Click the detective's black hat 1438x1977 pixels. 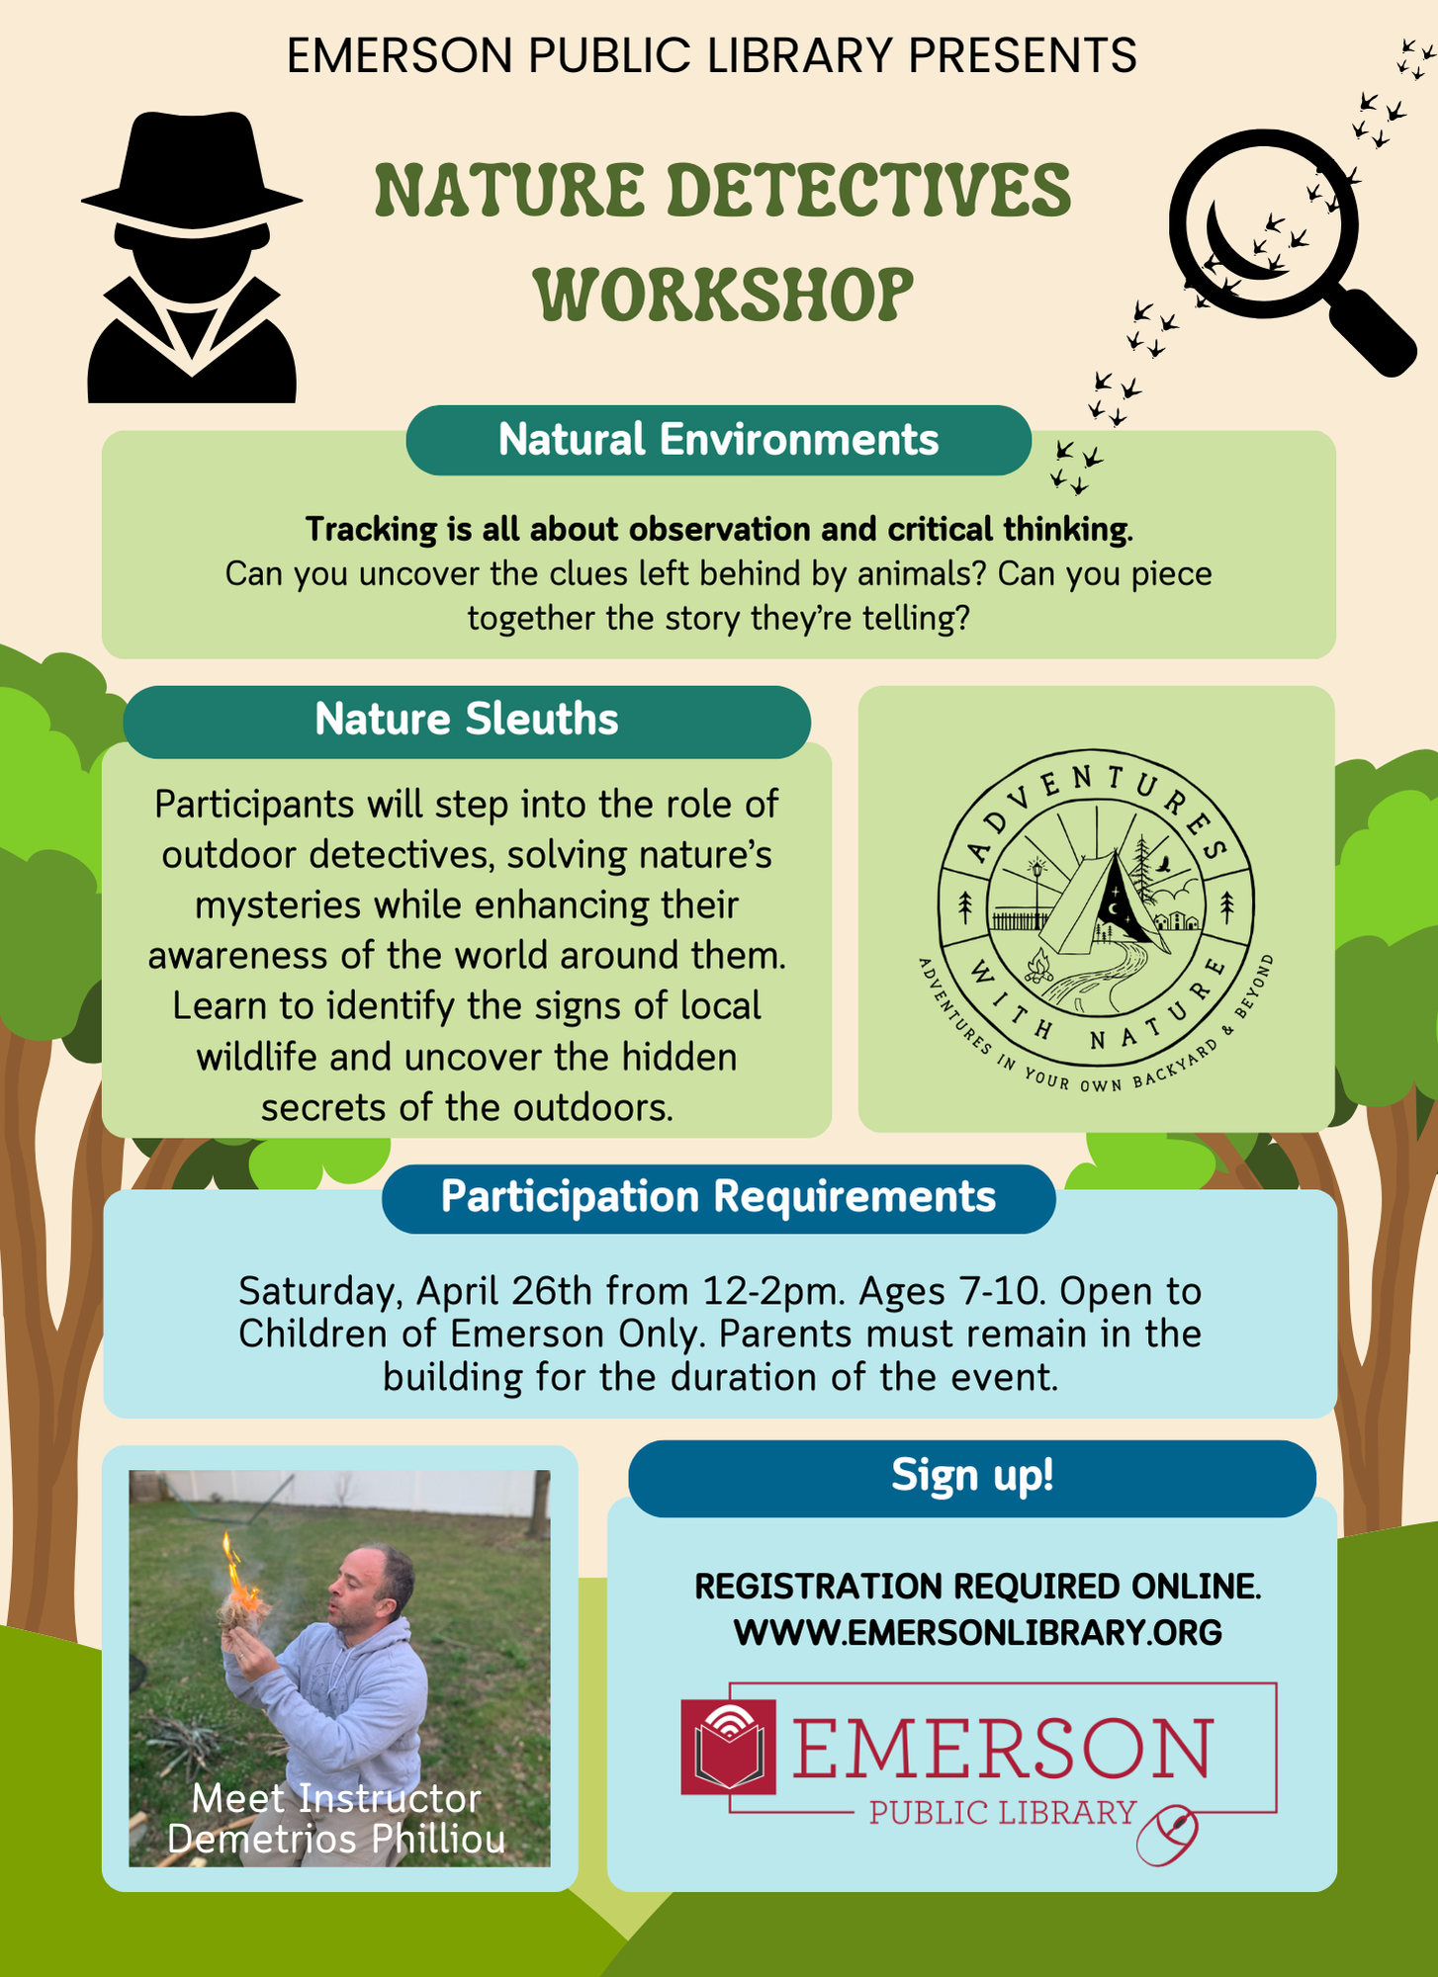[x=191, y=168]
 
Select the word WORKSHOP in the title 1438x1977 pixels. [x=723, y=294]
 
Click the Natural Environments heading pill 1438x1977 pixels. [x=718, y=440]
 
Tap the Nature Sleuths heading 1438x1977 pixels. [x=466, y=720]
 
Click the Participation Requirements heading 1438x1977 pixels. [x=718, y=1197]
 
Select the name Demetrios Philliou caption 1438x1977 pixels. [x=336, y=1840]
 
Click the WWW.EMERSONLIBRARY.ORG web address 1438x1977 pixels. [x=977, y=1632]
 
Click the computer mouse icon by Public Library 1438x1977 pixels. [x=1168, y=1836]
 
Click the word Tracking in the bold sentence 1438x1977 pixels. [x=371, y=530]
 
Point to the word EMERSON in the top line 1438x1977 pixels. [x=400, y=55]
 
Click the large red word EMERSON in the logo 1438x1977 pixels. [x=1001, y=1749]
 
